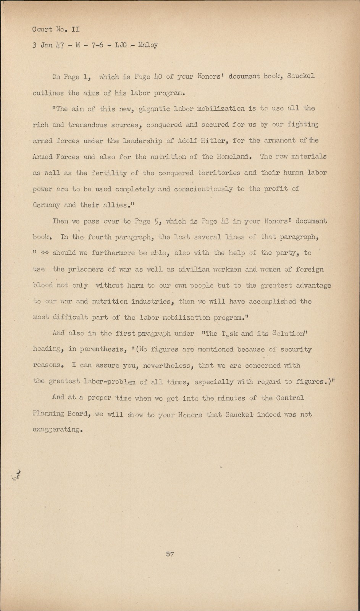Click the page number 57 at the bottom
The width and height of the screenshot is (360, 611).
pos(170,554)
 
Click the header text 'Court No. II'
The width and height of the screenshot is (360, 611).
pos(56,29)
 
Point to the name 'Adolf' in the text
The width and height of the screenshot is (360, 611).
pos(187,141)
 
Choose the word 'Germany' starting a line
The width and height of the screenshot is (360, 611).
pos(46,205)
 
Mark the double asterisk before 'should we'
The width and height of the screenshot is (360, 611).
pos(45,253)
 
